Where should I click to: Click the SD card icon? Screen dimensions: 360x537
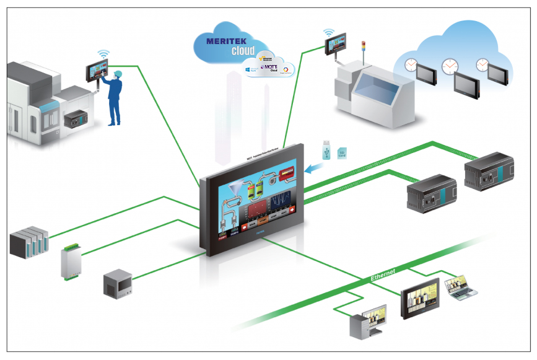[342, 152]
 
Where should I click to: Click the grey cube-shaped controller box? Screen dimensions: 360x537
[117, 283]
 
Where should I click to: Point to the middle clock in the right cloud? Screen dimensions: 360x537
[450, 66]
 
